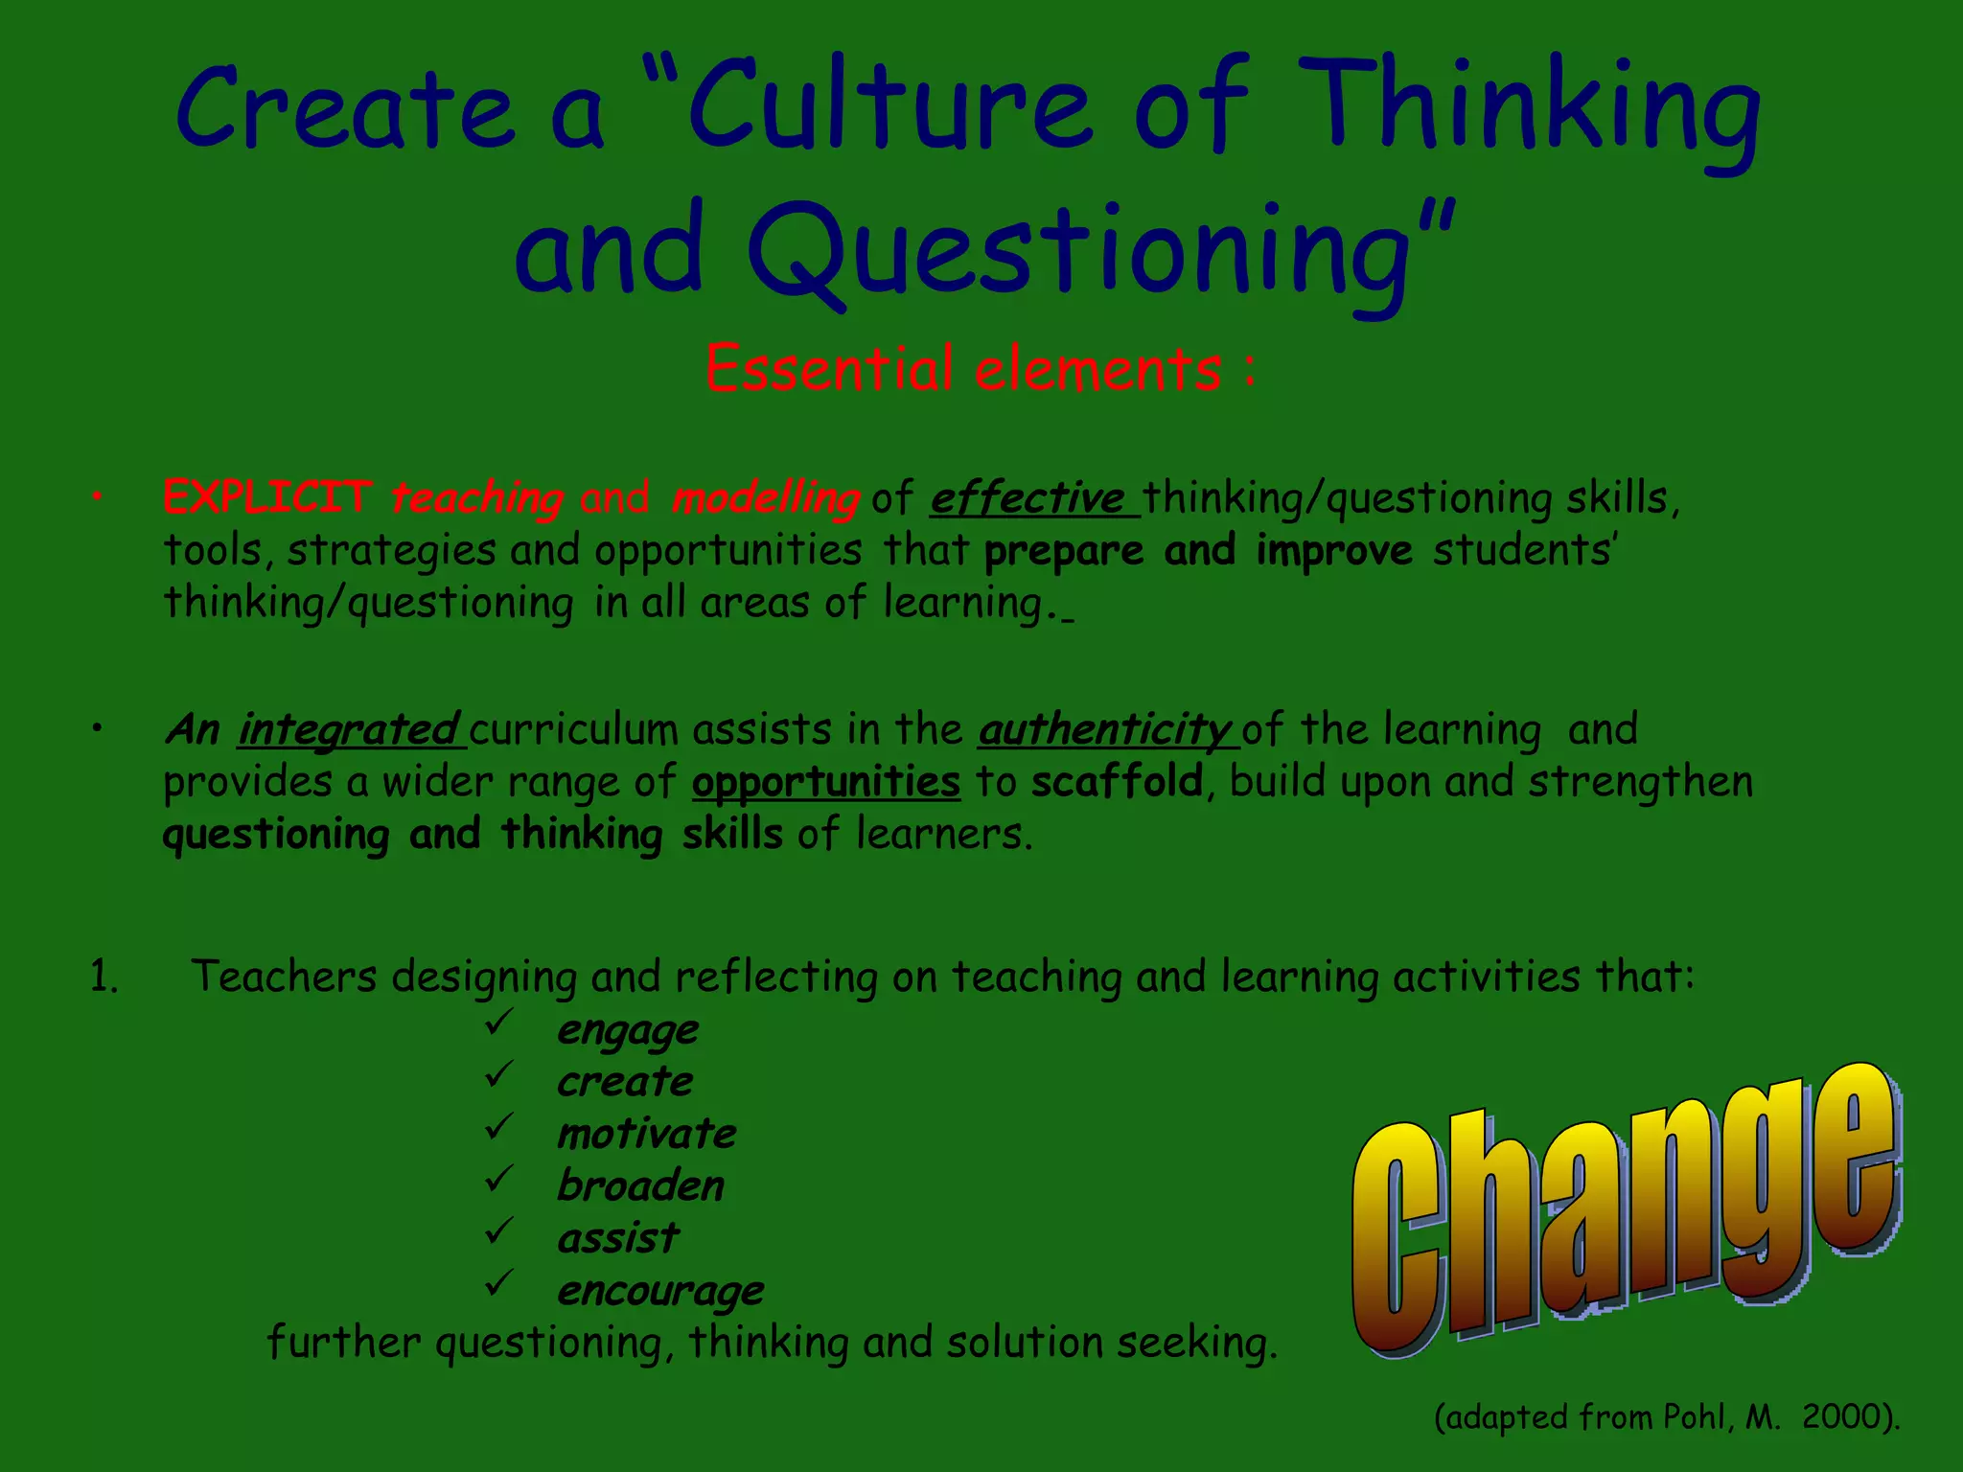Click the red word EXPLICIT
(267, 497)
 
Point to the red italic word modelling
(765, 498)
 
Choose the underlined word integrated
(349, 730)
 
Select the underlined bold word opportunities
(825, 783)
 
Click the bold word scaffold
(1117, 782)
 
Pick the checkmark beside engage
(499, 1023)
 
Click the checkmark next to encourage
(499, 1283)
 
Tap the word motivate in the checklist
(647, 1135)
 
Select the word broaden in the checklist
(640, 1186)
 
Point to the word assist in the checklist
(618, 1238)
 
